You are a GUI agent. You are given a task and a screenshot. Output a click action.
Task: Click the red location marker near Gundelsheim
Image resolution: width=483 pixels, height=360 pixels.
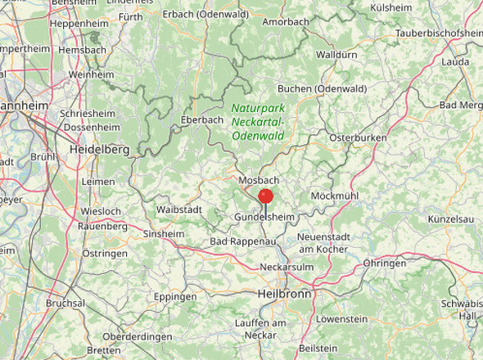tap(265, 196)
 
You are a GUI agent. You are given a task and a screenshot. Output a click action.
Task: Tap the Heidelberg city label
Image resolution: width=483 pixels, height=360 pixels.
tap(99, 150)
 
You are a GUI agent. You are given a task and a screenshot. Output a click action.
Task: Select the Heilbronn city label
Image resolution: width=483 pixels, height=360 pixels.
tap(284, 293)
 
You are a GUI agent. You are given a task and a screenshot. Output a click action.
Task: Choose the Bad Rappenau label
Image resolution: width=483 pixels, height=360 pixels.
tap(239, 242)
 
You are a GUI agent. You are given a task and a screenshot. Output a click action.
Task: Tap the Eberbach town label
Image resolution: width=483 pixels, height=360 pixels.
tap(202, 119)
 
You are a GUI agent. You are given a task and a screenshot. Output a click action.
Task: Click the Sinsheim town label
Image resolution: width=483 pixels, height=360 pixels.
tap(164, 234)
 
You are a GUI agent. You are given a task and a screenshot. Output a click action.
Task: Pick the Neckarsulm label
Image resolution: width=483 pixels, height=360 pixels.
tap(287, 268)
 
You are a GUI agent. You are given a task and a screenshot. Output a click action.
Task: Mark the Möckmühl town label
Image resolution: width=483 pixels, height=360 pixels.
tap(334, 196)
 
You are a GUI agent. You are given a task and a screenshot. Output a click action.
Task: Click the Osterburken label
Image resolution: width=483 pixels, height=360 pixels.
tap(358, 138)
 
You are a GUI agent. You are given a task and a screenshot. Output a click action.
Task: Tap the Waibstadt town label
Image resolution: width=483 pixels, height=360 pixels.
tap(179, 209)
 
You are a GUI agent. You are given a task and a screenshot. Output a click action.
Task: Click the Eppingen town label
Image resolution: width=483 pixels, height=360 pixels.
tap(175, 296)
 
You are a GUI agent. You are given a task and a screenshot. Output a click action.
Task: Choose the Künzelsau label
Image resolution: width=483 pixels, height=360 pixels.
tap(451, 220)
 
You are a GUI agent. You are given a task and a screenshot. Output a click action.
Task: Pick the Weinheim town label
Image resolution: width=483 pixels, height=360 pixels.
tap(91, 74)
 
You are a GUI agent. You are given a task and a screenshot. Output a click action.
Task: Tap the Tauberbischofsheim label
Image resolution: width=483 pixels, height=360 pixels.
tap(440, 33)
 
